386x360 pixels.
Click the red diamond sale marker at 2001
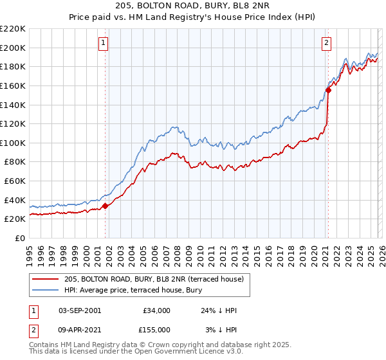point(106,206)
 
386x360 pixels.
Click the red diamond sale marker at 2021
point(328,90)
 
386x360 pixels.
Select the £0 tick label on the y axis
point(19,238)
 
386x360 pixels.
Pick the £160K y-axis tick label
point(12,85)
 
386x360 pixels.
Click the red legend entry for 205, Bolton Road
point(154,280)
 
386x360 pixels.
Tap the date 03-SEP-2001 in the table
point(79,310)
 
